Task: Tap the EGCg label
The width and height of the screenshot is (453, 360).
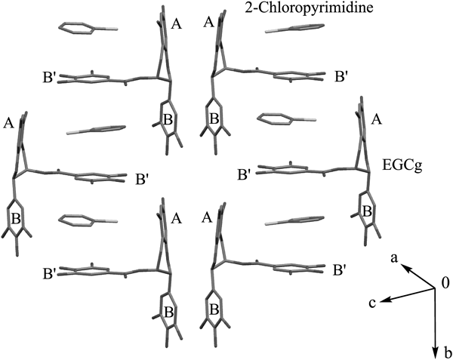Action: click(402, 166)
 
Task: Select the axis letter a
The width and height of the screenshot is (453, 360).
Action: click(395, 259)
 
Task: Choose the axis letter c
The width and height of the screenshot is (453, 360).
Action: click(373, 303)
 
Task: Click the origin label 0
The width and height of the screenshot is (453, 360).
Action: click(445, 284)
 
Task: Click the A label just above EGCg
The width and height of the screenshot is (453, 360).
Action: click(375, 119)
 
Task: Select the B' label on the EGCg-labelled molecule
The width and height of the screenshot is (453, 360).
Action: click(244, 175)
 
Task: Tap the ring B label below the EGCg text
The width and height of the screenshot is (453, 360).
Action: click(367, 212)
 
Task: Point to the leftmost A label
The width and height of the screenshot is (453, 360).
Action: click(8, 124)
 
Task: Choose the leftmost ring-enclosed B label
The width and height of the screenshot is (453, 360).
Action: click(16, 219)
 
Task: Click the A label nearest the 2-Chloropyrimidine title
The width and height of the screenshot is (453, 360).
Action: click(209, 22)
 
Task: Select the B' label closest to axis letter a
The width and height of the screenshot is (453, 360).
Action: click(341, 270)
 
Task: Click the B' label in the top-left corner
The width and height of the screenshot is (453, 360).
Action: click(49, 78)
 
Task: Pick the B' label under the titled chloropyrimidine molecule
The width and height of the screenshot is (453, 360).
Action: click(341, 78)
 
